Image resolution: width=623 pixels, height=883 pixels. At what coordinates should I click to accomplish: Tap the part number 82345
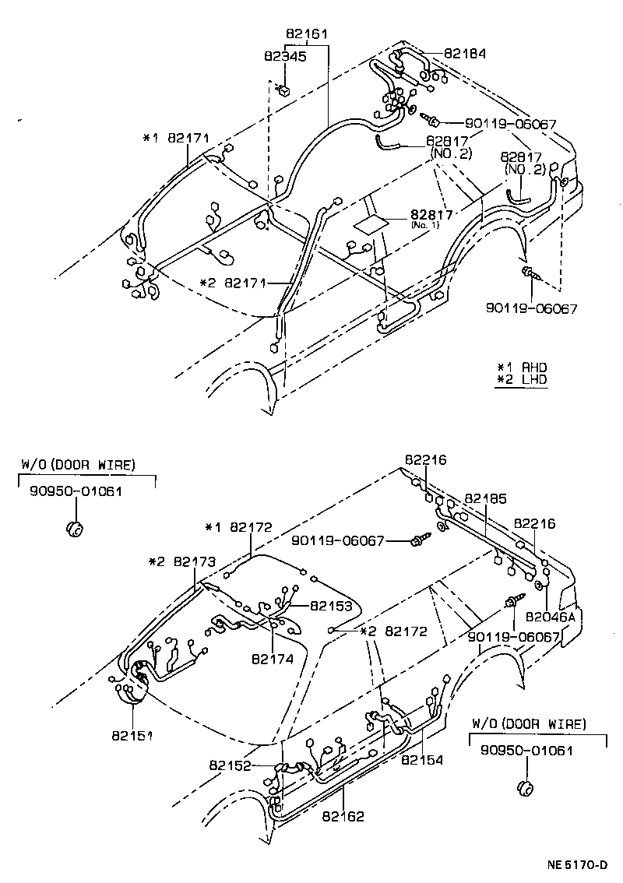coord(284,56)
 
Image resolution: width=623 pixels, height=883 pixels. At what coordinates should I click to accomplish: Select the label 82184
coord(465,54)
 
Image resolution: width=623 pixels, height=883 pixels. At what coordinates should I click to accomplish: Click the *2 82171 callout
coord(233,283)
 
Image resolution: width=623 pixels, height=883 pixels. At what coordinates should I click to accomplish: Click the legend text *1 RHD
coord(523,367)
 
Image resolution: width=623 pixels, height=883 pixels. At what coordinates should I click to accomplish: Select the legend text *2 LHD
coord(523,380)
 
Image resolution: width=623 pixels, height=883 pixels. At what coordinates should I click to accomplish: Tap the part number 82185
coord(486,498)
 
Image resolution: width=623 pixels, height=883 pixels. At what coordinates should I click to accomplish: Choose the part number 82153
coord(331,605)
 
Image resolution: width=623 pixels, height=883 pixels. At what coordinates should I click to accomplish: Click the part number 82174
coord(272,659)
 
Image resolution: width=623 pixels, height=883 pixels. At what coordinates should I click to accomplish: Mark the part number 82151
coord(131,734)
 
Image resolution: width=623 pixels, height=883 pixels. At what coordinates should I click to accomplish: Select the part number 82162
coord(343,817)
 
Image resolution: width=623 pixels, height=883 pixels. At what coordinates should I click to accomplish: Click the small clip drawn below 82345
coord(286,88)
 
